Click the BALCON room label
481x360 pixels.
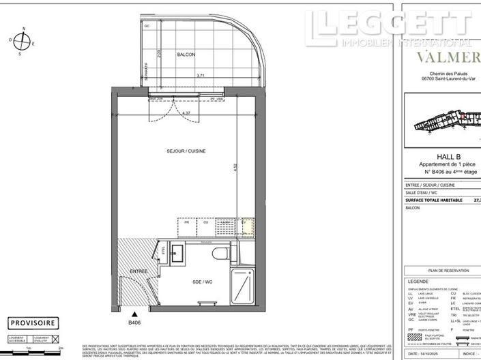point(186,54)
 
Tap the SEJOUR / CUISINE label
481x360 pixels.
point(186,151)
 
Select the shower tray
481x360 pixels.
point(244,284)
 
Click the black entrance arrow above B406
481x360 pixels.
point(133,313)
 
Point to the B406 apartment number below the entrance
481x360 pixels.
point(134,322)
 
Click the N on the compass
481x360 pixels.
point(24,29)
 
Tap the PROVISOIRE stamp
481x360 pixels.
point(33,323)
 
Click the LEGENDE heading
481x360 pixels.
point(418,281)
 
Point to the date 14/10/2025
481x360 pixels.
point(429,354)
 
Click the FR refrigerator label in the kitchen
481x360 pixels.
point(186,222)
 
